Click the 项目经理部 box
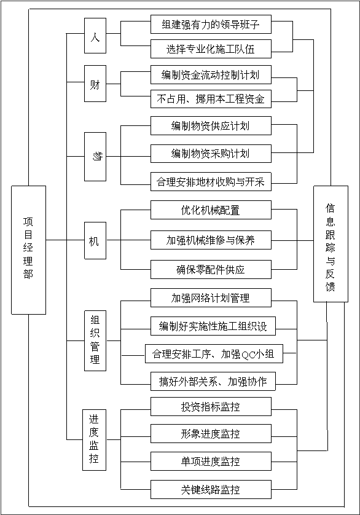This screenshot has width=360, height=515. coord(29,250)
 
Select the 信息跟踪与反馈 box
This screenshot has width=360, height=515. coord(331,244)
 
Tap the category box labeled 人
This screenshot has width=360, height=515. coord(95,36)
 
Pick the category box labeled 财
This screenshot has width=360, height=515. coord(95,84)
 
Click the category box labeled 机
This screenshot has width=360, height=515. coord(95,240)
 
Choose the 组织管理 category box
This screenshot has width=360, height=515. coord(95,340)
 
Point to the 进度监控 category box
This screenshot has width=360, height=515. coord(94,440)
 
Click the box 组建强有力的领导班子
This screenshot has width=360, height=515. coord(211,25)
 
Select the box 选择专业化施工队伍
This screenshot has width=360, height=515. coord(211,49)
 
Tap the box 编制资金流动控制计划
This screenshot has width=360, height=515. coord(211,75)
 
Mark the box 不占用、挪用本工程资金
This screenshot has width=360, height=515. coord(211,98)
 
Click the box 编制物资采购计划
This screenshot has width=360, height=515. coord(211,154)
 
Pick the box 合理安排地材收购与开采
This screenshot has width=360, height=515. coord(211,182)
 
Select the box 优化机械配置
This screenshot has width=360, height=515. coord(211,210)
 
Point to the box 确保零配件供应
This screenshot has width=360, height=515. coord(211,269)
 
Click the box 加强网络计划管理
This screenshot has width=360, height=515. coord(211,297)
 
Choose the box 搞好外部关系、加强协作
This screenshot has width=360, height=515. coord(213,381)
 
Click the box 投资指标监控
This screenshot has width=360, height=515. coord(211,407)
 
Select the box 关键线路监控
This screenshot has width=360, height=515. coord(211,489)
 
